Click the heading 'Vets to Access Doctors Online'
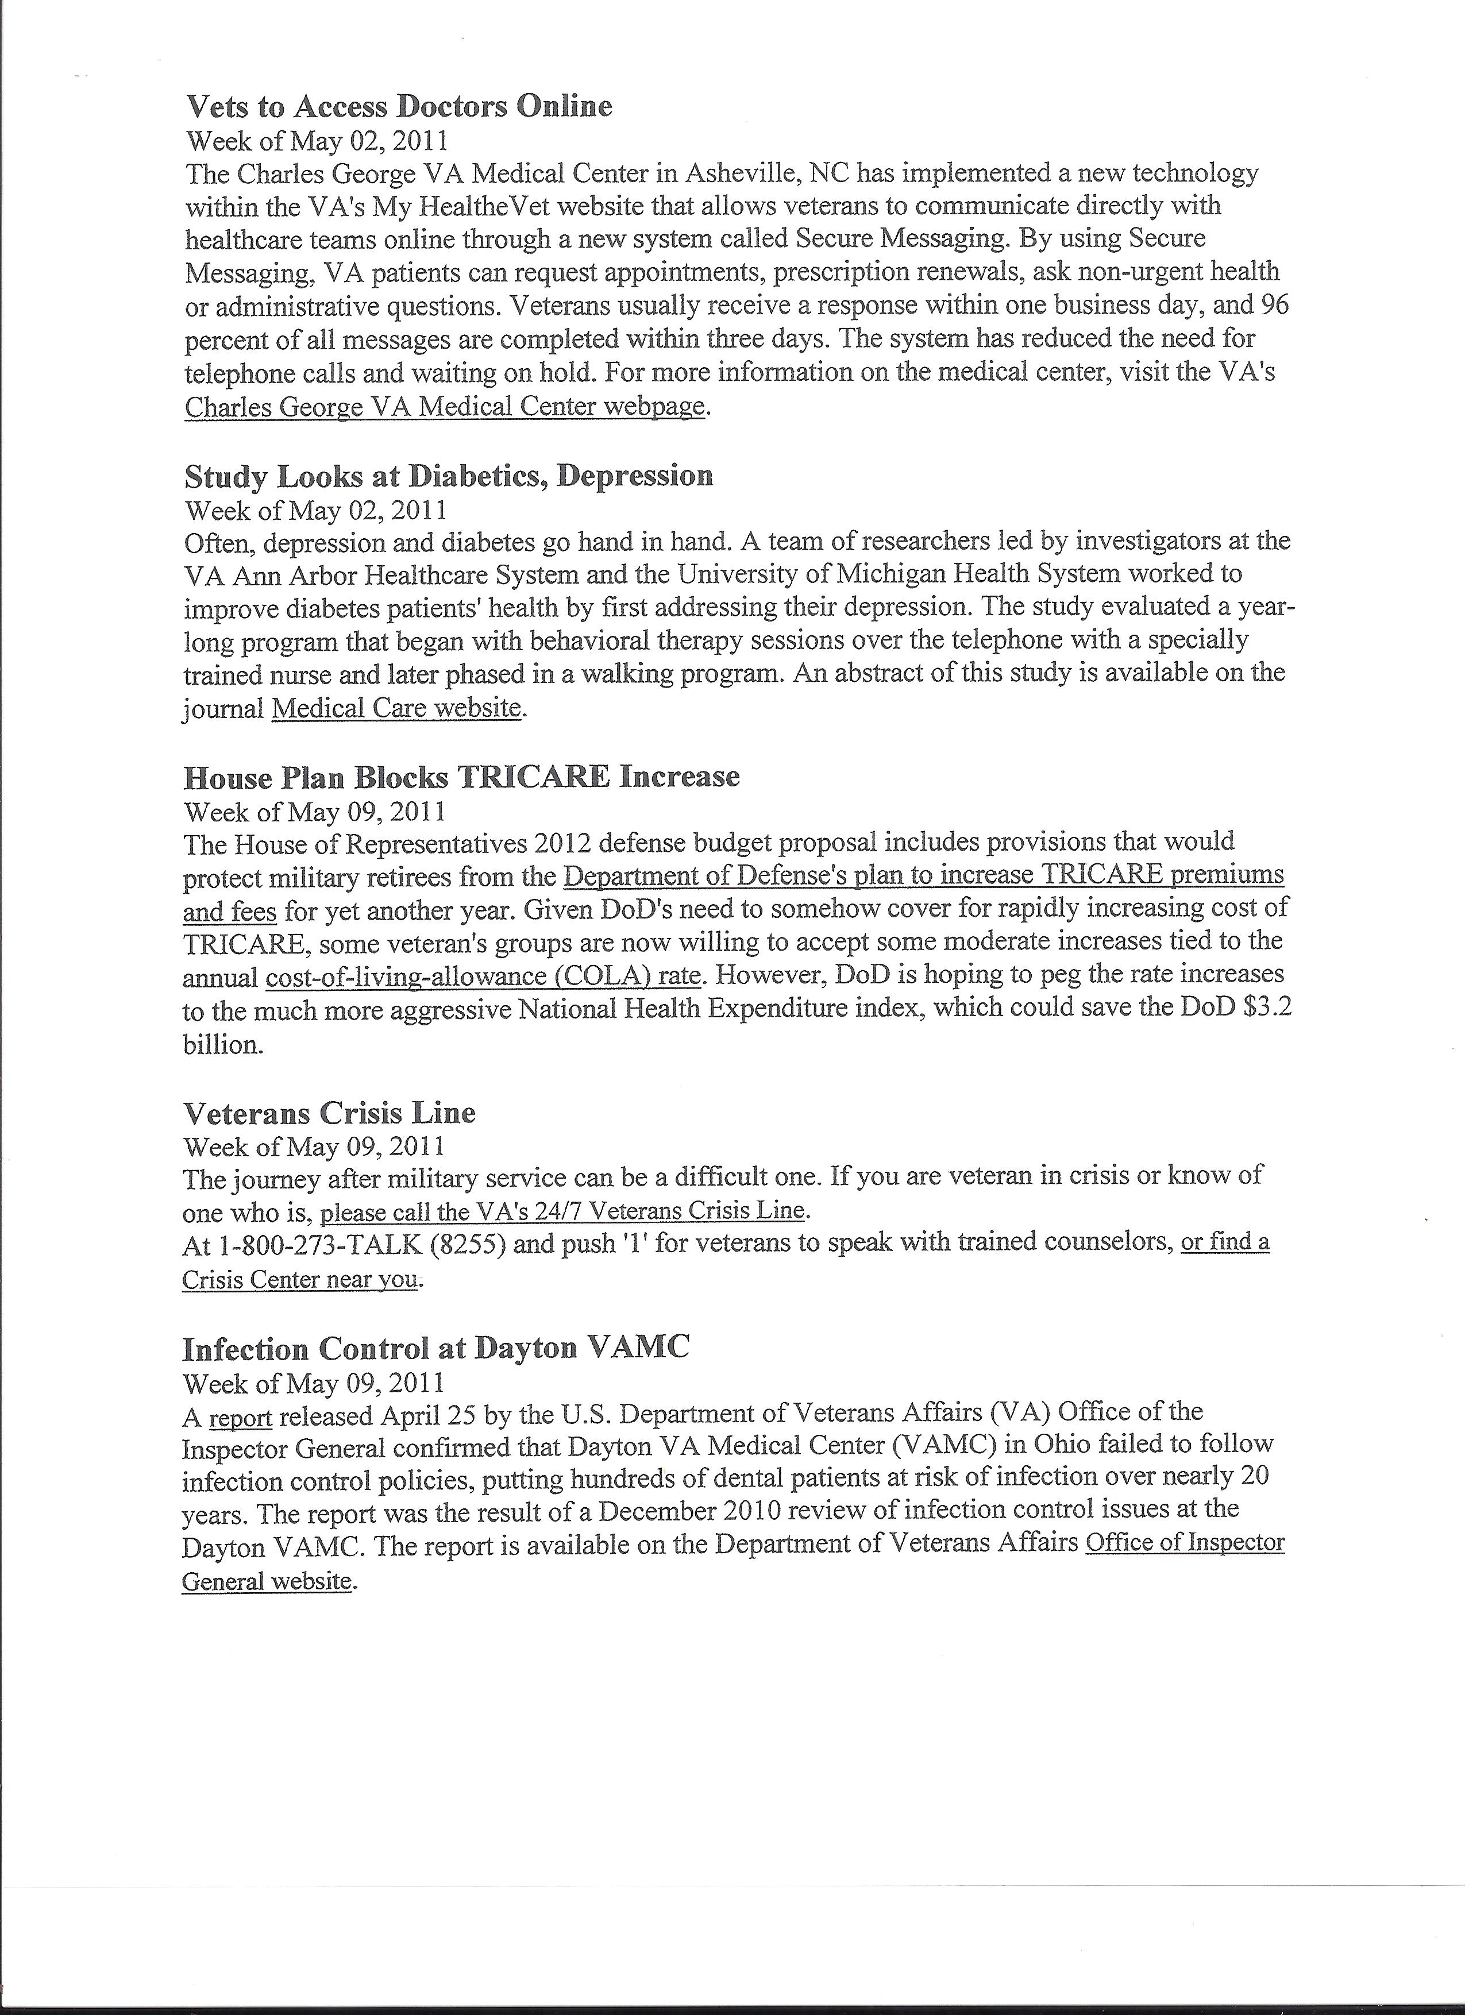pyautogui.click(x=399, y=107)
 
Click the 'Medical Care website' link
pyautogui.click(x=395, y=708)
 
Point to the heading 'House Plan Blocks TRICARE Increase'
pyautogui.click(x=461, y=777)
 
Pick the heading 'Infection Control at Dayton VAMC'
pyautogui.click(x=435, y=1349)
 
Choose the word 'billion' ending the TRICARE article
pyautogui.click(x=222, y=1044)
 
